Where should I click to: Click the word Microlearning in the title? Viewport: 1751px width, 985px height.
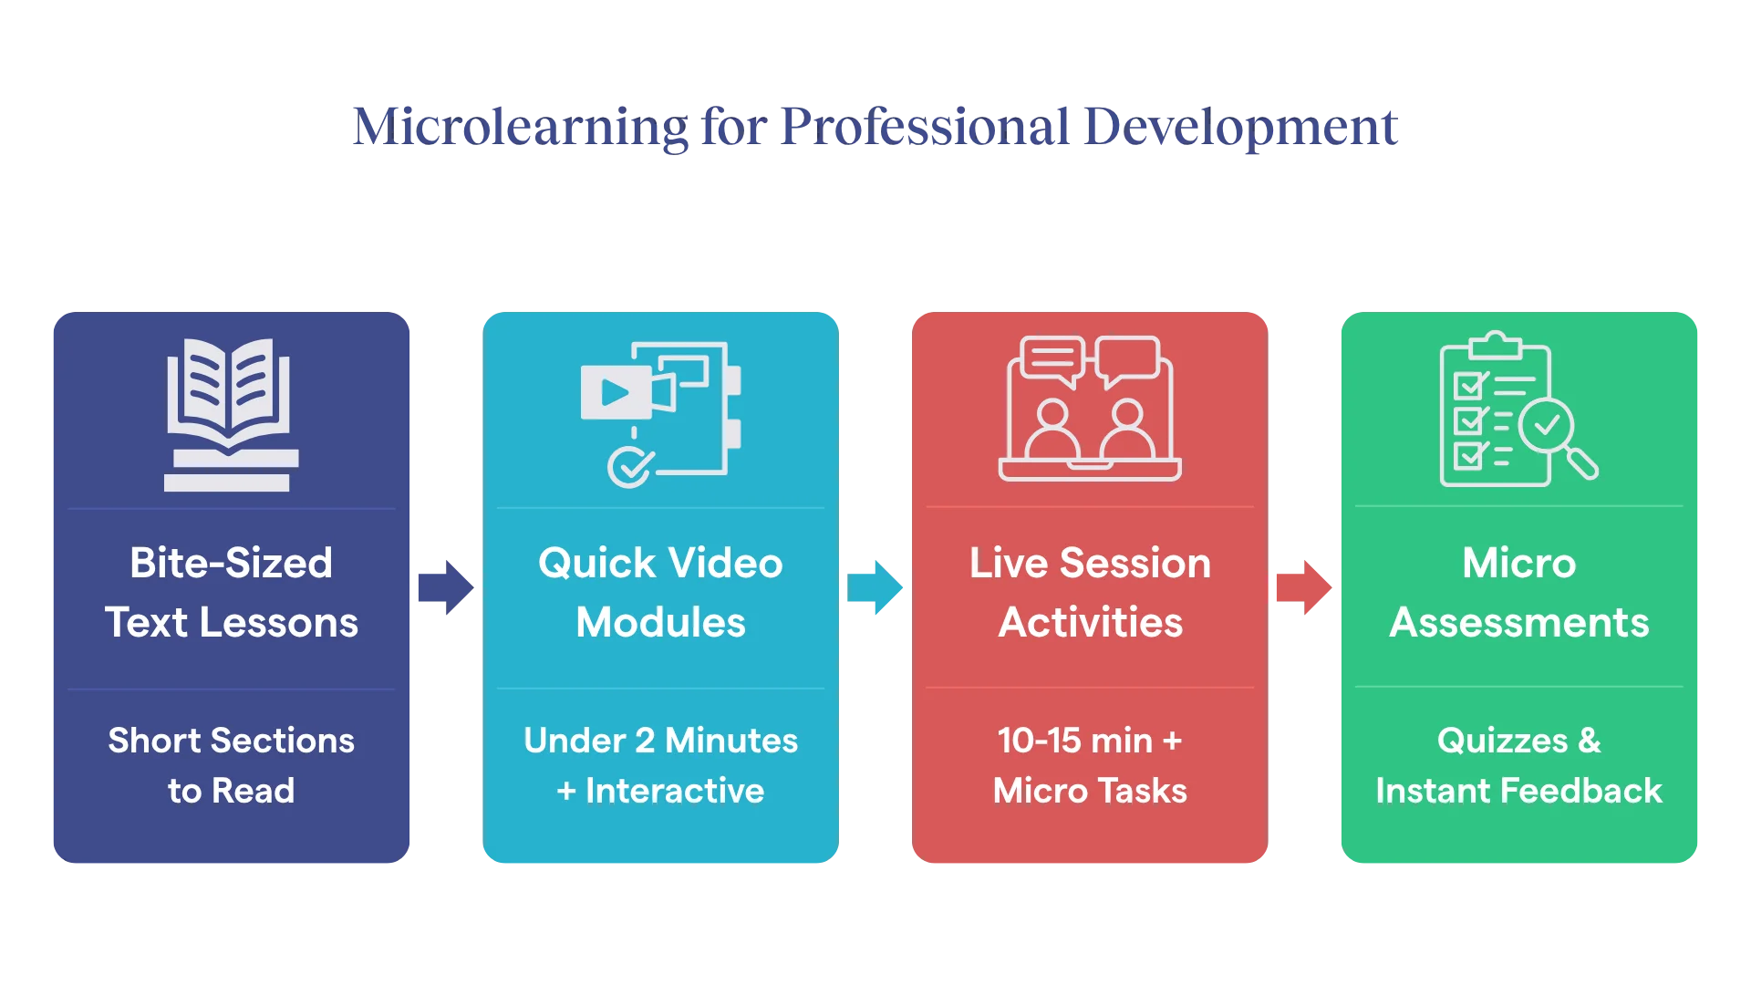(520, 128)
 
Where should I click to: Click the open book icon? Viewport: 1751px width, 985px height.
(232, 415)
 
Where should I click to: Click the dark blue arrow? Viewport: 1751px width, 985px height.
(446, 587)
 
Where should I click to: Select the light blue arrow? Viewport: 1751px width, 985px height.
(875, 587)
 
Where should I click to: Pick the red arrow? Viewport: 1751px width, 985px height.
(1304, 587)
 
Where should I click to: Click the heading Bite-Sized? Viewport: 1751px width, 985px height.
(232, 563)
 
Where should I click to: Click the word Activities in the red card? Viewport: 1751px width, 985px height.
(1091, 622)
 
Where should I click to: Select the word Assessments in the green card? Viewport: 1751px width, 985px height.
(1519, 622)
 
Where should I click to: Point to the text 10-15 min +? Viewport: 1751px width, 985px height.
(1090, 741)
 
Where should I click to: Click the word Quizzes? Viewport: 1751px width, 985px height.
(1502, 741)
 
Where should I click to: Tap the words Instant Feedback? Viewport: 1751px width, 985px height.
(1519, 791)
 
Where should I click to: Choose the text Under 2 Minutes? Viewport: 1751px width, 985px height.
(661, 741)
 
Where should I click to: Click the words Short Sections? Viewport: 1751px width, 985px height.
(232, 741)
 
